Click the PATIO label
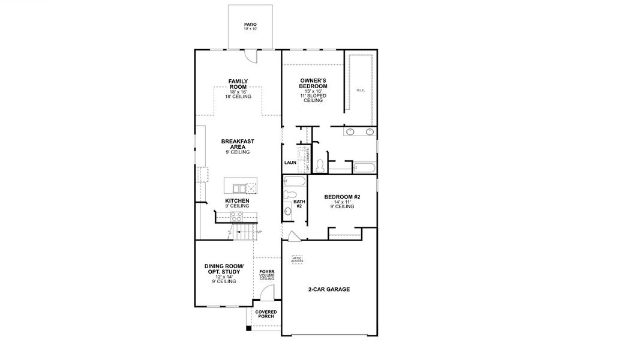click(x=250, y=26)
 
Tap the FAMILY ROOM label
click(x=238, y=84)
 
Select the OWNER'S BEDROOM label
click(x=313, y=85)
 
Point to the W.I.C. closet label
click(x=360, y=91)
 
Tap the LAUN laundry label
click(x=290, y=163)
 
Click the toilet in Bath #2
click(x=289, y=194)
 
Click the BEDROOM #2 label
click(x=341, y=197)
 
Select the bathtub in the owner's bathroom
click(x=364, y=167)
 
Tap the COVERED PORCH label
click(x=266, y=314)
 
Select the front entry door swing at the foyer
click(x=268, y=293)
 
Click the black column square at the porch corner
click(x=249, y=328)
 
